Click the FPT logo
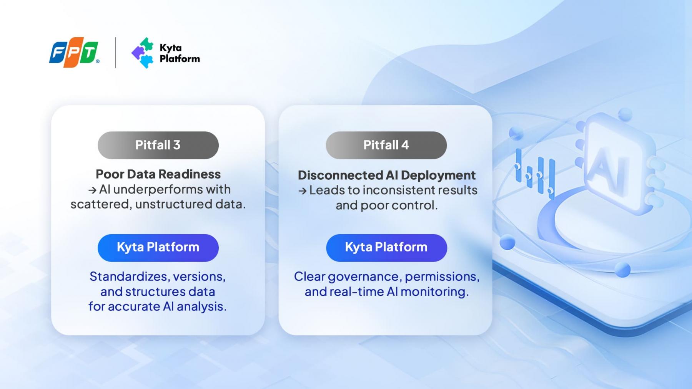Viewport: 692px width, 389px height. (74, 52)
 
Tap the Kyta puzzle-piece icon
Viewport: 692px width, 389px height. (142, 53)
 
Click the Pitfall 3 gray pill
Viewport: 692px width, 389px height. (158, 145)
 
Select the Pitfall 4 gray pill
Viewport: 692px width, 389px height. (386, 145)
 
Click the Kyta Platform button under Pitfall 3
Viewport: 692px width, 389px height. (158, 248)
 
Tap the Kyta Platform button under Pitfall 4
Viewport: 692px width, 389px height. (386, 248)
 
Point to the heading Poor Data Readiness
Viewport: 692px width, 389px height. (158, 174)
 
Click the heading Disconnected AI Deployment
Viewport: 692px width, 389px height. (386, 175)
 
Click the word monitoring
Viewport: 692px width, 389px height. (434, 292)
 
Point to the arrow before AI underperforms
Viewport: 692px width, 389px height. (92, 190)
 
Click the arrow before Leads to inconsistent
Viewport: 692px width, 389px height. (303, 191)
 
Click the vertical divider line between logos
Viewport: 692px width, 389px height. (116, 53)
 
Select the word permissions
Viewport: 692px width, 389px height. (442, 277)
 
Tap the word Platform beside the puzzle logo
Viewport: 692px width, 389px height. (180, 59)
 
